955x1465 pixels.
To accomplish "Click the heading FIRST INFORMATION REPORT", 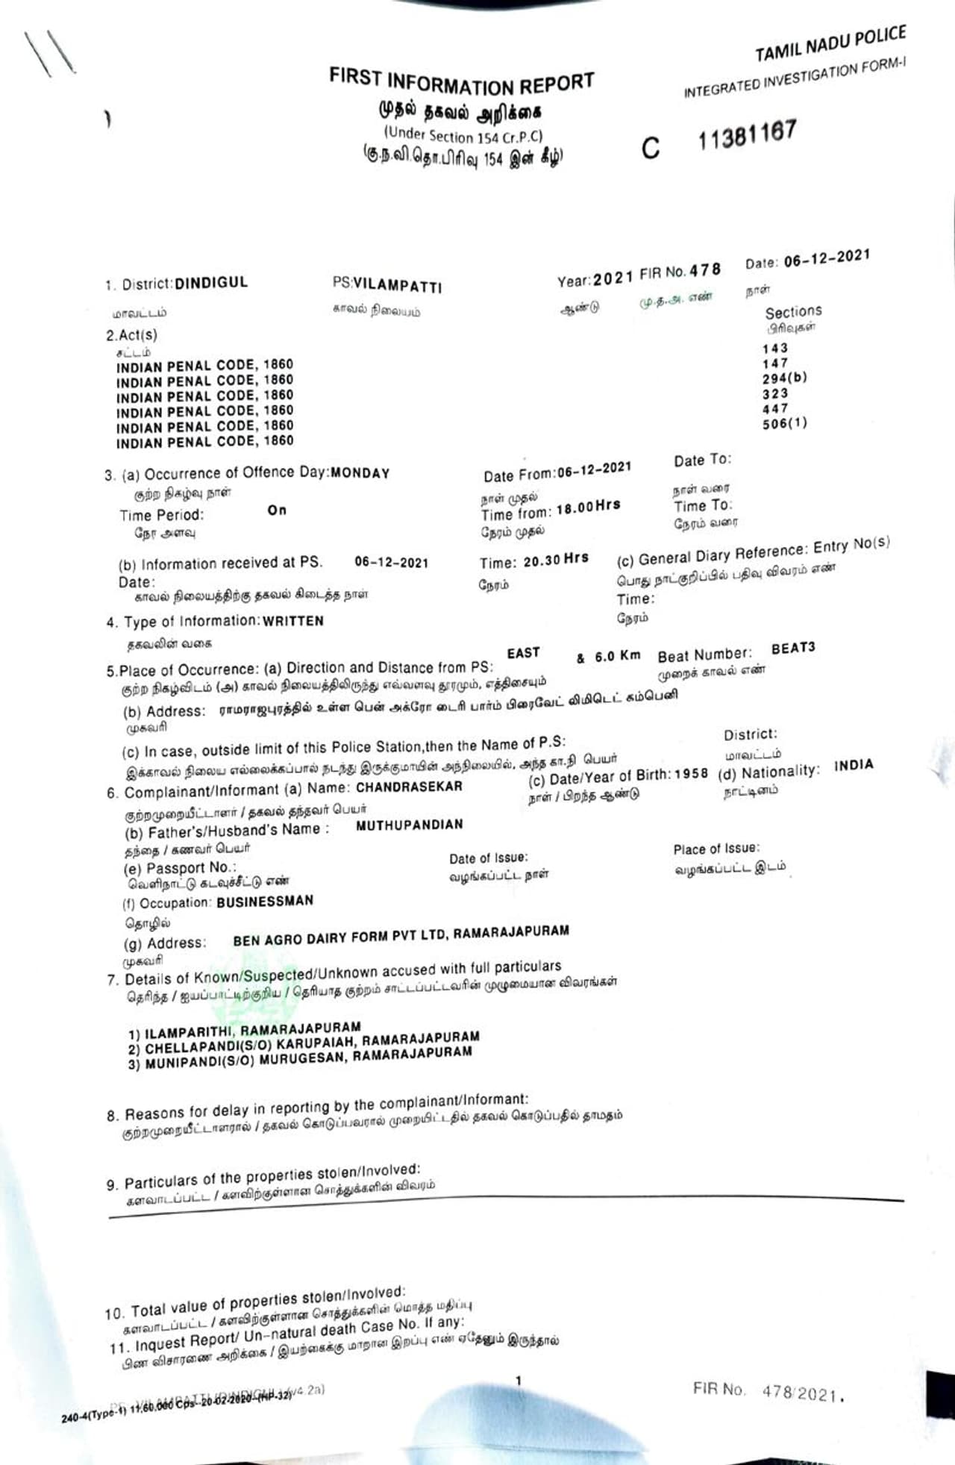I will [461, 81].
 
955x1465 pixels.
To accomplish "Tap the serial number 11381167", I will [747, 135].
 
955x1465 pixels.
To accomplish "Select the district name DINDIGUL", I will [211, 283].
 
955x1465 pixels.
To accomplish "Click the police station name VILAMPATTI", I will [397, 285].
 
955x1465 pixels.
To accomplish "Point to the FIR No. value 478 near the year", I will [705, 270].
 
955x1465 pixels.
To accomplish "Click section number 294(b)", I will [784, 378].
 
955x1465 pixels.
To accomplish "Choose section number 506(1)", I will [784, 423].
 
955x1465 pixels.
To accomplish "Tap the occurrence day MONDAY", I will [360, 473].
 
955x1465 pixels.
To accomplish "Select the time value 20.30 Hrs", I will [555, 560].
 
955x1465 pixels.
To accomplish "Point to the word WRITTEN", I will [292, 621].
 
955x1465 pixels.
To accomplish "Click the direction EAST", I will [523, 653].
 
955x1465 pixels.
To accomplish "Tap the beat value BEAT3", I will [792, 648].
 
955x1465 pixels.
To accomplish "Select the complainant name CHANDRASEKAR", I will [409, 787].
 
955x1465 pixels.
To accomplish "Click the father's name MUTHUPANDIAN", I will [409, 825].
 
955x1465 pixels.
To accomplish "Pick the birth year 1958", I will [691, 773].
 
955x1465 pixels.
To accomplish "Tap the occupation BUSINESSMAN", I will [265, 902].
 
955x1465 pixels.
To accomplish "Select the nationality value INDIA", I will [853, 765].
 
